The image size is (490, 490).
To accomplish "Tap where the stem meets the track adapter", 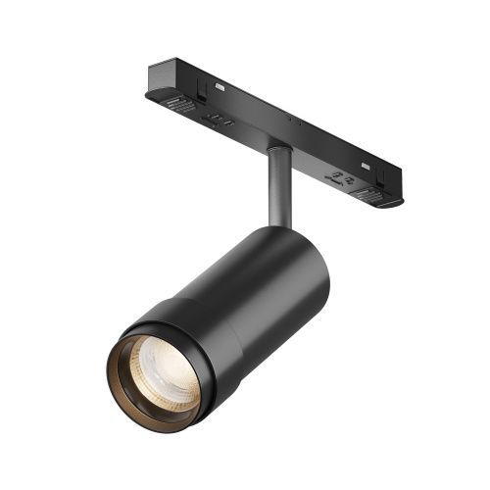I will click(277, 149).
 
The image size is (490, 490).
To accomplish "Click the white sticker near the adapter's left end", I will click(217, 86).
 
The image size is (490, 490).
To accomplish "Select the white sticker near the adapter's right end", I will click(366, 164).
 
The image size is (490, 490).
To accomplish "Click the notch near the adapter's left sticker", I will click(200, 88).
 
